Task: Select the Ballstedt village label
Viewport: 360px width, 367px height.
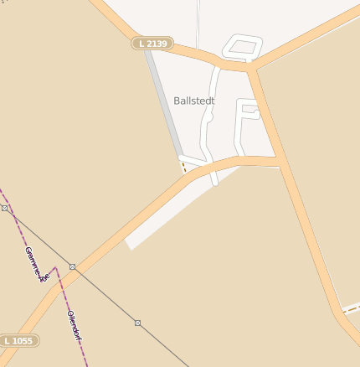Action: pyautogui.click(x=194, y=101)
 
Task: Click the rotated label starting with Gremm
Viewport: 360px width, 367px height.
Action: pyautogui.click(x=33, y=265)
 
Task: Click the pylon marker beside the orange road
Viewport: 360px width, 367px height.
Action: pyautogui.click(x=73, y=266)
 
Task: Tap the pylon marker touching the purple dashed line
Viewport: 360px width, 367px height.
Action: pyautogui.click(x=4, y=208)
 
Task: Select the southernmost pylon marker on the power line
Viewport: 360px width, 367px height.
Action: pyautogui.click(x=137, y=323)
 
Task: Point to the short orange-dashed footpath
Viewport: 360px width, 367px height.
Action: pyautogui.click(x=183, y=165)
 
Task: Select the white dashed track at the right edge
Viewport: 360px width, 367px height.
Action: pyautogui.click(x=351, y=307)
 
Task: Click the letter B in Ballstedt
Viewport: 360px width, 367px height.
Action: pyautogui.click(x=177, y=101)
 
